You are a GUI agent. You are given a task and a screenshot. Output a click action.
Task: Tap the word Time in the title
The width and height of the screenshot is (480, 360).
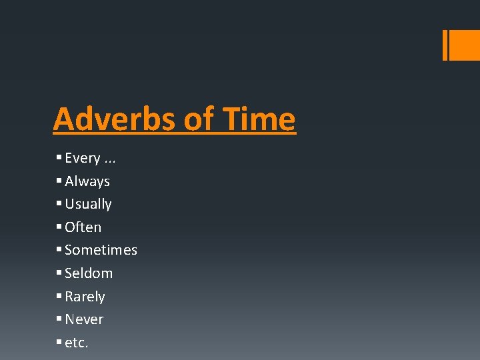click(259, 119)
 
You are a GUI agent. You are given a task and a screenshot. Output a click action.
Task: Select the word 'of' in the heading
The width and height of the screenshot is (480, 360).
click(198, 119)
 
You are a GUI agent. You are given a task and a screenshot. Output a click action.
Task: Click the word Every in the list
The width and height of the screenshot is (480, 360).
click(83, 158)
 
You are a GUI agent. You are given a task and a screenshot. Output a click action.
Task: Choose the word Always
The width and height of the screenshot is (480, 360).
click(87, 181)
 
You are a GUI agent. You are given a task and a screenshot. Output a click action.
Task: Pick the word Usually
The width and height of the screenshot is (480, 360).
click(88, 204)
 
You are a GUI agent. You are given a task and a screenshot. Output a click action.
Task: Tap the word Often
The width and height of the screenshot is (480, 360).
click(83, 227)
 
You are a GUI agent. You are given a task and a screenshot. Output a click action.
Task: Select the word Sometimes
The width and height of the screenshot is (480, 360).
click(101, 250)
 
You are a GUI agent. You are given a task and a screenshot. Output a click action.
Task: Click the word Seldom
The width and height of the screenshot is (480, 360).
click(89, 273)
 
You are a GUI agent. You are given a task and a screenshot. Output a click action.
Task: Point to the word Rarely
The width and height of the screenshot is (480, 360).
click(85, 297)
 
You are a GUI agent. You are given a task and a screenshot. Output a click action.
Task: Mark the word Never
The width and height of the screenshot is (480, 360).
click(84, 319)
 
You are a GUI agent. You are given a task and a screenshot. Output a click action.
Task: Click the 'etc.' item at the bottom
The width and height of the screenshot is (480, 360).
click(77, 343)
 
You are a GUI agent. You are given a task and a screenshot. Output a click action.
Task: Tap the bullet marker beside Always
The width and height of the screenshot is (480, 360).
click(59, 181)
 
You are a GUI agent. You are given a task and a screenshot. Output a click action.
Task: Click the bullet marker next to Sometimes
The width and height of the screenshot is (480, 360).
click(59, 250)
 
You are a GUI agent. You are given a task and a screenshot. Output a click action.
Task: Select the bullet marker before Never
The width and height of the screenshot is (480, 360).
click(59, 319)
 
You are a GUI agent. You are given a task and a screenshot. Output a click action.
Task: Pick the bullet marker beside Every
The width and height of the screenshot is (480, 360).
click(59, 158)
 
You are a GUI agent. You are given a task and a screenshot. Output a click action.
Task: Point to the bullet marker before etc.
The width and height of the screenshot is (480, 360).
click(59, 343)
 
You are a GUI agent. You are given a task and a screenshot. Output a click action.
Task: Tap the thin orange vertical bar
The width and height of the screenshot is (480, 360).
click(445, 45)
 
